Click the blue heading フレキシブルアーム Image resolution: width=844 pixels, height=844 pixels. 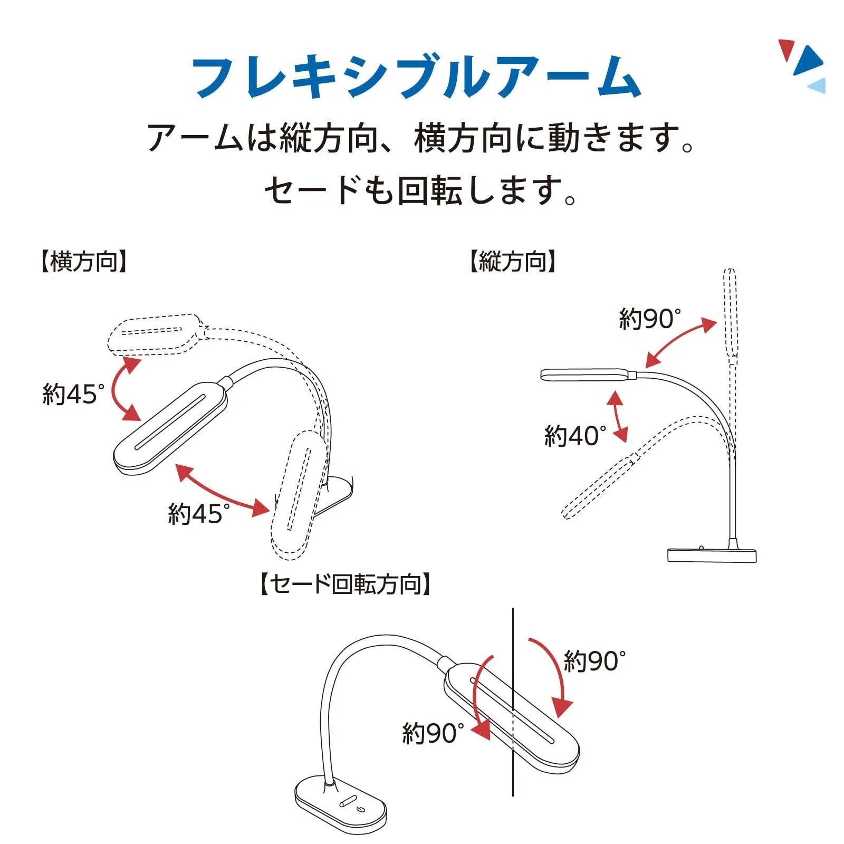click(x=416, y=78)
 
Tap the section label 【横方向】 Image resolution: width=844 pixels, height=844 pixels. click(x=84, y=262)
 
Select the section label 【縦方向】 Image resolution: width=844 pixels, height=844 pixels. click(x=513, y=262)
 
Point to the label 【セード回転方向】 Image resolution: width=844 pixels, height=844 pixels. click(x=346, y=584)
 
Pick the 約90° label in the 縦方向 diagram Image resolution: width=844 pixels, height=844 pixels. click(x=650, y=319)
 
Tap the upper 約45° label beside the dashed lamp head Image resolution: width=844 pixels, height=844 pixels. click(x=73, y=394)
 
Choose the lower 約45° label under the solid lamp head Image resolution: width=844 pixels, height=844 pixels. click(x=199, y=513)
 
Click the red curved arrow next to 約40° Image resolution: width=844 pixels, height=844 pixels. click(x=618, y=417)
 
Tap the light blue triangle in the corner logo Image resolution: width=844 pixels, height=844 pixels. click(x=817, y=86)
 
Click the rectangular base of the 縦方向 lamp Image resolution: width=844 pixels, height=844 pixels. click(x=712, y=555)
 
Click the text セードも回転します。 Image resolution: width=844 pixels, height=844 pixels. click(x=420, y=190)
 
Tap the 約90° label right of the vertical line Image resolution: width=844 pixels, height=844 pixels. click(x=594, y=661)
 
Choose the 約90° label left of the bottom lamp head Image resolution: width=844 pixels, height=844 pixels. click(x=433, y=733)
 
